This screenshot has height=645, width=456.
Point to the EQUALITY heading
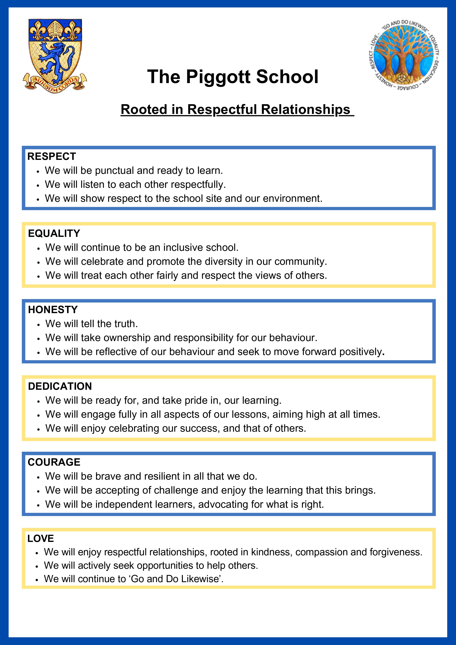[x=54, y=233]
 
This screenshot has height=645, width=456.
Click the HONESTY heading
[x=53, y=310]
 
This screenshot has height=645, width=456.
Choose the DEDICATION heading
[x=60, y=386]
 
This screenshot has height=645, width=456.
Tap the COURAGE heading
[x=54, y=462]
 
